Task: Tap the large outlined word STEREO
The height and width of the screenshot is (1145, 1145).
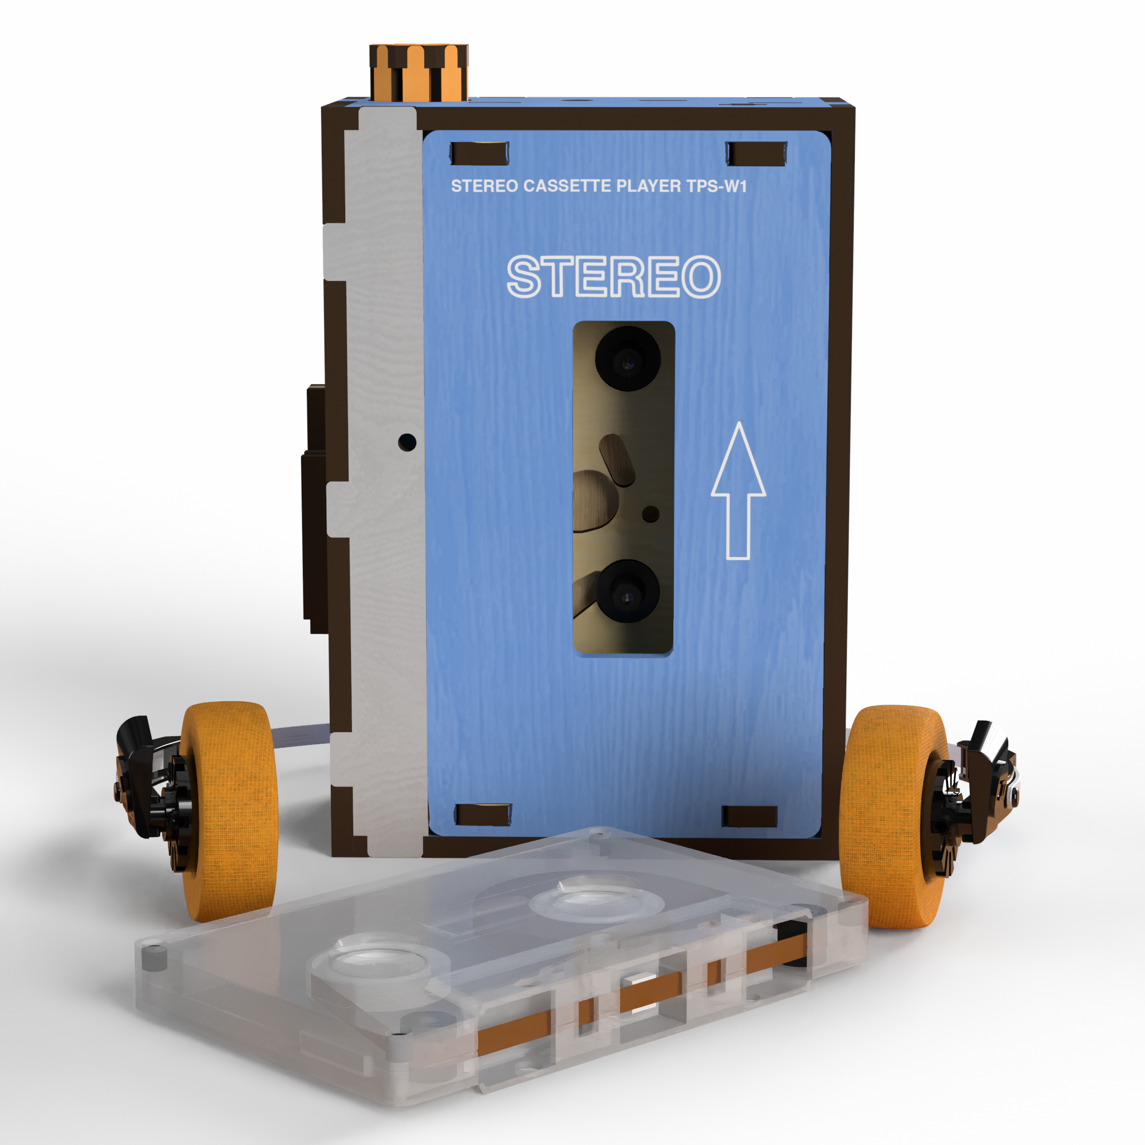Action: pyautogui.click(x=613, y=276)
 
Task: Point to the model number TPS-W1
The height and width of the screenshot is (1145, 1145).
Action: pyautogui.click(x=717, y=186)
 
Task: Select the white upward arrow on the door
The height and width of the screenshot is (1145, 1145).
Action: pyautogui.click(x=739, y=491)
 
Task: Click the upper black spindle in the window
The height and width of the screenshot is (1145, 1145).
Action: pyautogui.click(x=627, y=358)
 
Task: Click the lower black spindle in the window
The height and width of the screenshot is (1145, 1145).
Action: pyautogui.click(x=627, y=591)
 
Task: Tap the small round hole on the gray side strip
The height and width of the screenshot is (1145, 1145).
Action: pyautogui.click(x=407, y=441)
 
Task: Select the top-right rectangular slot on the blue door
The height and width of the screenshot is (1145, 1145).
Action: pyautogui.click(x=756, y=153)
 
